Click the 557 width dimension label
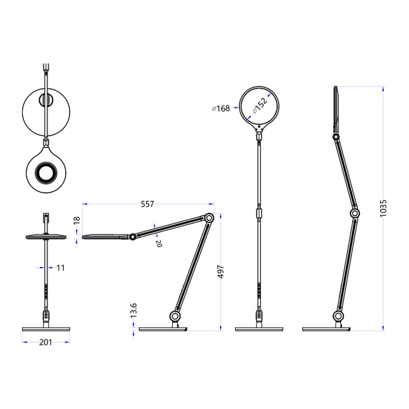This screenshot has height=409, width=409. click(x=147, y=204)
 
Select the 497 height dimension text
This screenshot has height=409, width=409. click(x=221, y=272)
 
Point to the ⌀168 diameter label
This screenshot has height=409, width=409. click(x=220, y=108)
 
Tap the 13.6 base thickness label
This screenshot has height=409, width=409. click(x=134, y=310)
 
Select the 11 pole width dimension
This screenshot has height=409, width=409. click(x=61, y=267)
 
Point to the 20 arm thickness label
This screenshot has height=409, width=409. click(x=158, y=244)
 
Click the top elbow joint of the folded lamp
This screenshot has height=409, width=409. click(x=209, y=217)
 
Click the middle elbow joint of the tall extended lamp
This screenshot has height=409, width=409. click(x=354, y=213)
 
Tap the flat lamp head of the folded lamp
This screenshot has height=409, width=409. click(x=105, y=236)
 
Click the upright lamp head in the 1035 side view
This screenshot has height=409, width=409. click(x=336, y=108)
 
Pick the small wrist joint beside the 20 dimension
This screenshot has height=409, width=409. click(x=132, y=237)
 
